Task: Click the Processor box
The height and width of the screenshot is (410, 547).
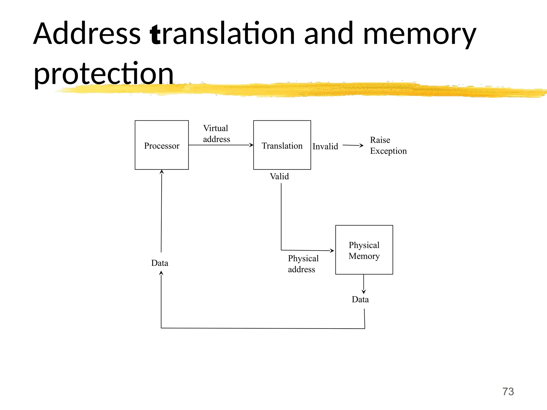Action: coord(162,145)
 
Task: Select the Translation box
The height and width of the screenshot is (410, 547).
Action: coord(282,145)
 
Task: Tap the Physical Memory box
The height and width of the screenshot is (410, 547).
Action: coord(364,250)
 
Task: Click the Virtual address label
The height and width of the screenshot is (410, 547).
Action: coord(216,134)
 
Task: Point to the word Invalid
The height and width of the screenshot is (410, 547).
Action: coord(325,147)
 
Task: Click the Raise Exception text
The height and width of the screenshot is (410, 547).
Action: coord(388,145)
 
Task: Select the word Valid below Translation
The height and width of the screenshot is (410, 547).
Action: coord(279,176)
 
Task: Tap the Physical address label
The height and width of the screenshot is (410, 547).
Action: coord(303,264)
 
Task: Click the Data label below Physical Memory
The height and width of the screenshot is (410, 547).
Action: coord(360,299)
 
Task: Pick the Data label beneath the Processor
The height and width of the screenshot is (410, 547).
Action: coord(159,263)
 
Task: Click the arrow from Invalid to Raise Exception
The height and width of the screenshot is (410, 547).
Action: coord(353,145)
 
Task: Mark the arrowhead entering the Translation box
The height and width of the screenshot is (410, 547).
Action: coord(251,145)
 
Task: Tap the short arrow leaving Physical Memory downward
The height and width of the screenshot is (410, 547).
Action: coord(364,284)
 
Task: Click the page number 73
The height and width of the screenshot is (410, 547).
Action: coord(508,392)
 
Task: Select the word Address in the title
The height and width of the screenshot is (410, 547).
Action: coord(87,34)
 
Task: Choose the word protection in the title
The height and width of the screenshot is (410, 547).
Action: coord(104,73)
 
